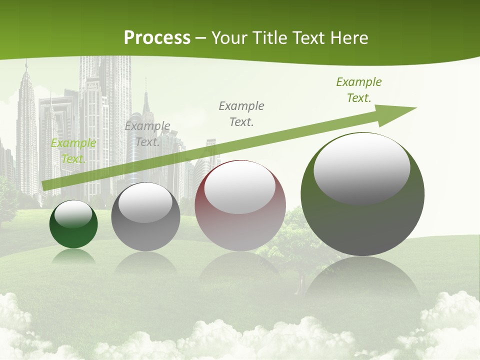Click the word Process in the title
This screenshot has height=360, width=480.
point(157,38)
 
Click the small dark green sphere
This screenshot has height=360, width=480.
point(73,225)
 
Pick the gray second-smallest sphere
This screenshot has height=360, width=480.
point(145,218)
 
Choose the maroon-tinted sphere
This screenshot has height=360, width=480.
point(240,206)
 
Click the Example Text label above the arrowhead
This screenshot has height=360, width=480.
point(358,90)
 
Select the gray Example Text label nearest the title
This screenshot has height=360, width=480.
point(241,113)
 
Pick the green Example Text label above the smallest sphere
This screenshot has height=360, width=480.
point(73,151)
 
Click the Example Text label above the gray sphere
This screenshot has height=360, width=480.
point(147,133)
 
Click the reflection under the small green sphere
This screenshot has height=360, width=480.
point(73,257)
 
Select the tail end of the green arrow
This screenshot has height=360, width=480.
point(44,186)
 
